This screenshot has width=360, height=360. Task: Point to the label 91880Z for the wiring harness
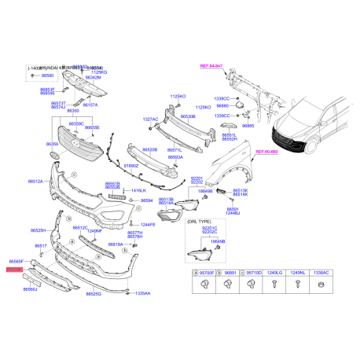coord(131,166)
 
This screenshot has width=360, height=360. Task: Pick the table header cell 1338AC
coord(323,273)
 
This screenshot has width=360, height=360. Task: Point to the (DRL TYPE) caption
coord(198,223)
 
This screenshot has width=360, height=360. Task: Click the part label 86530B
coord(187,116)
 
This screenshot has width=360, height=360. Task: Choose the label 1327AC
coord(150,119)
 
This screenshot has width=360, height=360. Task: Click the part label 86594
coord(146,200)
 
